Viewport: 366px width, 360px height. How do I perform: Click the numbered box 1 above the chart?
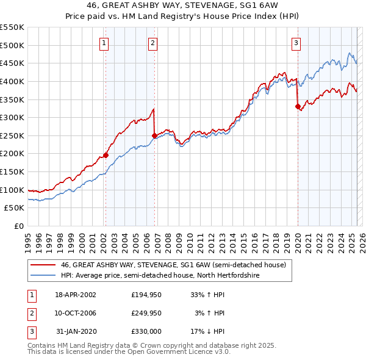click(105, 43)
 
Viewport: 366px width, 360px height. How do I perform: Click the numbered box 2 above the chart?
click(152, 43)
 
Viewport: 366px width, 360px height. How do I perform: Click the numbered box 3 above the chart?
click(296, 43)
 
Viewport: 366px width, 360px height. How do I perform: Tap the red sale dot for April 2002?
click(106, 155)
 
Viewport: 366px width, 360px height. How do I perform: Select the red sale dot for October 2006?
click(154, 135)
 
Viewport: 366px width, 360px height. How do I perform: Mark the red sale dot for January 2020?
click(298, 107)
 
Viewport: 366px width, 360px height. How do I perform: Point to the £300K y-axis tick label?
click(12, 117)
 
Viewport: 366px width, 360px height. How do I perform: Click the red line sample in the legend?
click(43, 265)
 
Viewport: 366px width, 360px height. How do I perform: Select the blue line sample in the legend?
click(43, 275)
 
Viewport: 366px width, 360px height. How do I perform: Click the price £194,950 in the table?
click(146, 295)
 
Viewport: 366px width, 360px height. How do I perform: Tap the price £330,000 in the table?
click(146, 331)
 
